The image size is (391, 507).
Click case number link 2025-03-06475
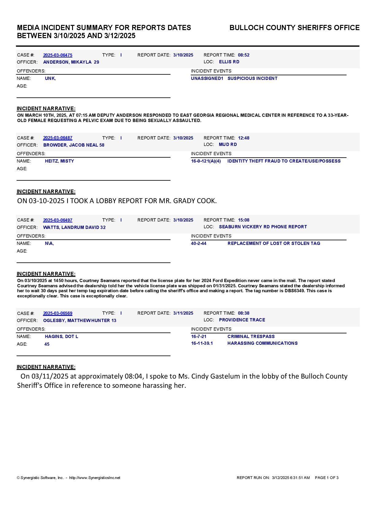58,55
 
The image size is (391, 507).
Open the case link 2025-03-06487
58,138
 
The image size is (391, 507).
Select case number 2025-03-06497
58,220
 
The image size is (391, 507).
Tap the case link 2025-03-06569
58,313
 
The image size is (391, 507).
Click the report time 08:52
243,55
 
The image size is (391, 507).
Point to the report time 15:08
243,220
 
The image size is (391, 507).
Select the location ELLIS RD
229,62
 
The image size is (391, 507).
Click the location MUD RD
228,144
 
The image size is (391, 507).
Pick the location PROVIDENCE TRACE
242,320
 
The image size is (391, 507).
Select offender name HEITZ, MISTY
59,161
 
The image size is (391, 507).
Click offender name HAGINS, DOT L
61,336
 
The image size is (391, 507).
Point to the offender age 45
47,344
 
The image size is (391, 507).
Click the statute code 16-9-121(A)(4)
206,161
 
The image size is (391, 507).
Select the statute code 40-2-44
199,243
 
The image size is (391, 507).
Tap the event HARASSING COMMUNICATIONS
262,343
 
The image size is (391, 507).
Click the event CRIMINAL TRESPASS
251,336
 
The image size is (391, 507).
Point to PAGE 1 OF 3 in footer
327,478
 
